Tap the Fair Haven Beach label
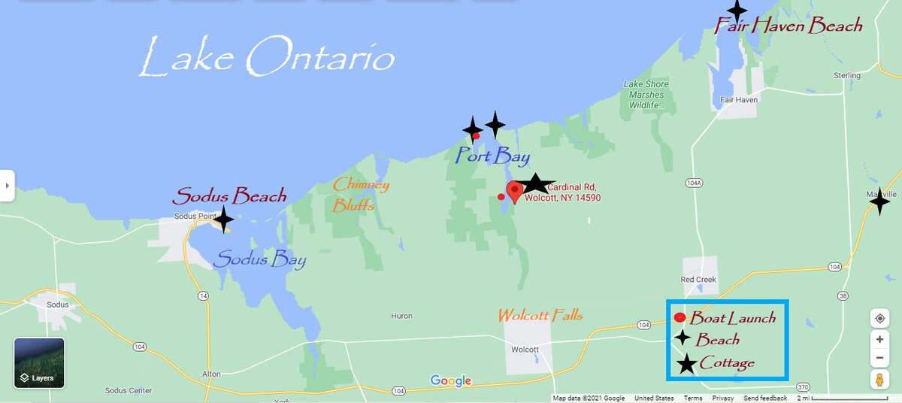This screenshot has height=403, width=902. pyautogui.click(x=788, y=26)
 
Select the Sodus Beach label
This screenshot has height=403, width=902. pyautogui.click(x=229, y=196)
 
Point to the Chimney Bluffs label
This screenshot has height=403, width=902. pyautogui.click(x=361, y=195)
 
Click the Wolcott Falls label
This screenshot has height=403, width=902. pyautogui.click(x=540, y=315)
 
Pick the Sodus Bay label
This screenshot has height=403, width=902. pyautogui.click(x=259, y=261)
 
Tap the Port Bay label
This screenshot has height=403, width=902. pyautogui.click(x=492, y=156)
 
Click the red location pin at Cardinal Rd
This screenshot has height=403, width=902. pyautogui.click(x=514, y=191)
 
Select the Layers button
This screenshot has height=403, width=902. pyautogui.click(x=39, y=363)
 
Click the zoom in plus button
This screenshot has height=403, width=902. pyautogui.click(x=879, y=339)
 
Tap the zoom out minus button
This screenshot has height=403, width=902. pyautogui.click(x=879, y=357)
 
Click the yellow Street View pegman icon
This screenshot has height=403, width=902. pyautogui.click(x=879, y=380)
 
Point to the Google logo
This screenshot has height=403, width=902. pyautogui.click(x=450, y=381)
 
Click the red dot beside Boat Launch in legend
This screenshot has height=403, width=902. pyautogui.click(x=680, y=317)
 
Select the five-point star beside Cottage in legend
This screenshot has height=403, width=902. pyautogui.click(x=686, y=365)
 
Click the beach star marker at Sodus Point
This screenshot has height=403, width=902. pyautogui.click(x=222, y=220)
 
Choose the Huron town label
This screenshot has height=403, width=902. pyautogui.click(x=401, y=317)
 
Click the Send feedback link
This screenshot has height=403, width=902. pyautogui.click(x=765, y=398)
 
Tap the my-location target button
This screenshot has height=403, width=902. pyautogui.click(x=879, y=318)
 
